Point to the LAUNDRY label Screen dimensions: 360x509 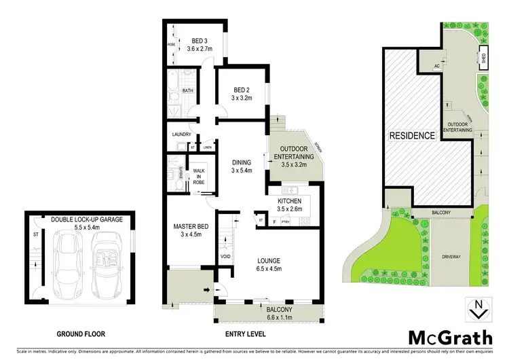181,134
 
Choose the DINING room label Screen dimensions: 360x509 241,162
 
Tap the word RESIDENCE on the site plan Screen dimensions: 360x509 411,136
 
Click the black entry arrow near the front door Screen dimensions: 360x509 205,291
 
